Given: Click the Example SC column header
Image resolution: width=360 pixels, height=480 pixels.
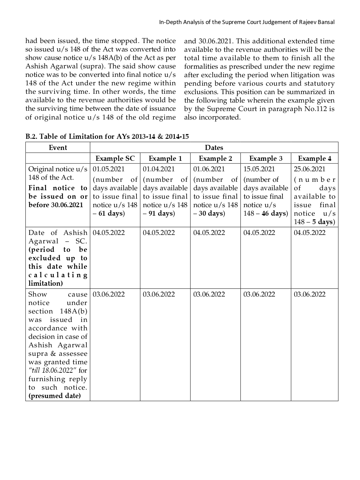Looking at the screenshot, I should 115,158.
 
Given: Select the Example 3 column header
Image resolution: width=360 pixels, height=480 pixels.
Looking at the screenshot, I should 266,158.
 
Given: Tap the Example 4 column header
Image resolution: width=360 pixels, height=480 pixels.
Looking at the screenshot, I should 314,158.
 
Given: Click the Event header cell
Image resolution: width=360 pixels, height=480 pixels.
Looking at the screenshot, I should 58,148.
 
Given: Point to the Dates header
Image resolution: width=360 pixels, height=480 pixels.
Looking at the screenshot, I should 214,148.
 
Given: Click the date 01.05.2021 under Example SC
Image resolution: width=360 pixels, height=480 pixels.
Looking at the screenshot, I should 108,169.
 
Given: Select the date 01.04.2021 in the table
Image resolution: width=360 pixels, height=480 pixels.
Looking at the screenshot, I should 158,169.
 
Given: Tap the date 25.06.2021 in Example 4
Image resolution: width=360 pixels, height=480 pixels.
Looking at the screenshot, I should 309,169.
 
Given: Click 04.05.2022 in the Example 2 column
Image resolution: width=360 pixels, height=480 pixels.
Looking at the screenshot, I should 209,233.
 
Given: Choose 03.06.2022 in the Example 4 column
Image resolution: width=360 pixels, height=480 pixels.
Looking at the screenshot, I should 309,294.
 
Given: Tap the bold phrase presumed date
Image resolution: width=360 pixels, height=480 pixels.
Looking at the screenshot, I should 55,396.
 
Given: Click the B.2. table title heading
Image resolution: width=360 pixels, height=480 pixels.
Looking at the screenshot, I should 107,136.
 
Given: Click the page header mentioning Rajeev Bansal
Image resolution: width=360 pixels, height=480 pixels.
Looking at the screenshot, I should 247,22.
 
